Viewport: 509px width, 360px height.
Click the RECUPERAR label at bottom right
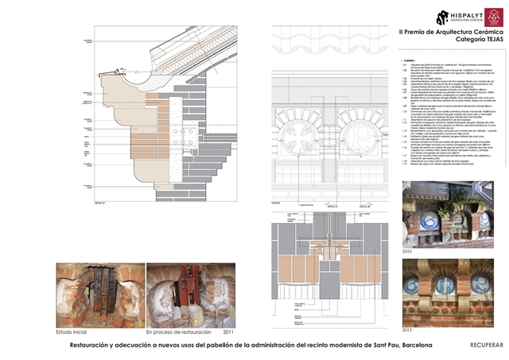tap(487, 346)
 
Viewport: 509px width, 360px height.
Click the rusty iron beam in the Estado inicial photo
tap(100, 290)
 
